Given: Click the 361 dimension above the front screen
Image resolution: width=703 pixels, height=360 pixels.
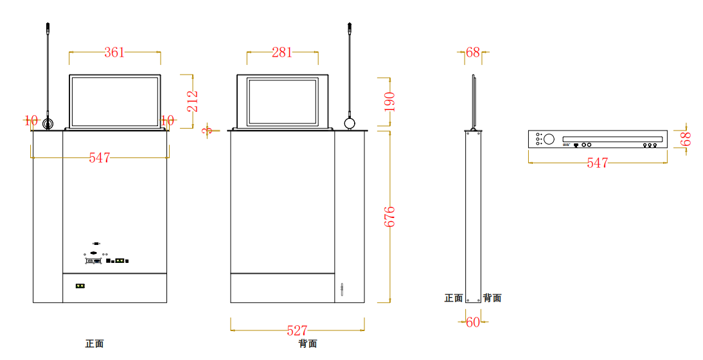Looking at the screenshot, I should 114,53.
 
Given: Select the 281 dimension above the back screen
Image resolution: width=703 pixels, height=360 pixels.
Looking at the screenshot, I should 281,53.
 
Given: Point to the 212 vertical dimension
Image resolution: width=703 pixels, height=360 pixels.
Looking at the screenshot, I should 193,102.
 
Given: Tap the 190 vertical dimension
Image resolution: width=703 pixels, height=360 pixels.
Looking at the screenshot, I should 389,102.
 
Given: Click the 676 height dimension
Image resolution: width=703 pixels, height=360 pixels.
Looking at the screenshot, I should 389,217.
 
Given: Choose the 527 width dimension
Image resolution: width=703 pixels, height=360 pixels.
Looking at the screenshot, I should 297,330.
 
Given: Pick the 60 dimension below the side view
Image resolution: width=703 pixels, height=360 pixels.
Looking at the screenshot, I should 473,323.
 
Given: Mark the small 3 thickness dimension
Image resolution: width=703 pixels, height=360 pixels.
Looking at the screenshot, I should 207,130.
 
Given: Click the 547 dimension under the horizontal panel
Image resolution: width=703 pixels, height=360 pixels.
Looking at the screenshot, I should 597,163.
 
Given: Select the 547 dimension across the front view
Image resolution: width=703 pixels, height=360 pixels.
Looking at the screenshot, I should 100,157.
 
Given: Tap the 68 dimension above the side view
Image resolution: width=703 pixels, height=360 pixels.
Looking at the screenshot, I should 473,53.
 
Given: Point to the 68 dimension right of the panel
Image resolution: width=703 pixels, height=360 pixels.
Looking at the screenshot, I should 686,139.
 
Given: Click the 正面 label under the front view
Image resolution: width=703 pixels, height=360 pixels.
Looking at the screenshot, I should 94,344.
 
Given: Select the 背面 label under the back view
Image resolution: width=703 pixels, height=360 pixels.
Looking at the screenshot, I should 308,344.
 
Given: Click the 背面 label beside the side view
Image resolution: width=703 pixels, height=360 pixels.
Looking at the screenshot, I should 492,298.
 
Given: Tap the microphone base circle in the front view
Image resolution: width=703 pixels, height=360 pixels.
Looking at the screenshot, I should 48,123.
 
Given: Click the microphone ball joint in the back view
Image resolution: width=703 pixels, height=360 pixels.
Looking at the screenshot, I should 350,123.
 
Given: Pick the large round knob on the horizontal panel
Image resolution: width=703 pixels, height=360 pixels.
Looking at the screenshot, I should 549,139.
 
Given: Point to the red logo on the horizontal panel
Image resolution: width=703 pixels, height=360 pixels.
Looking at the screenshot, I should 566,145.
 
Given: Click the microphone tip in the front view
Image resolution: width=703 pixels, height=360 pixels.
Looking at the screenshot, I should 48,28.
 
